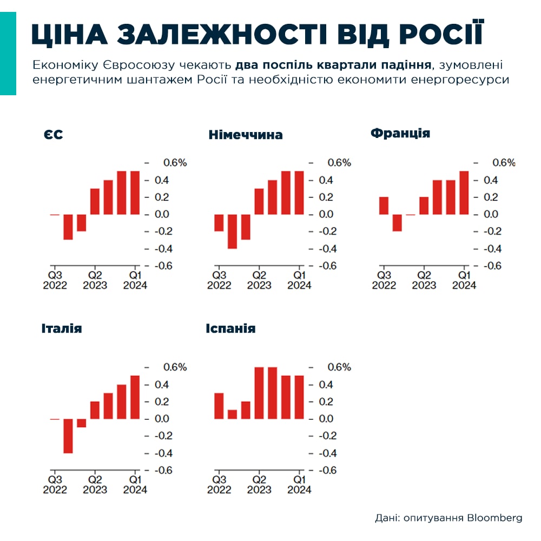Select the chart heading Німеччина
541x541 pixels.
[245, 135]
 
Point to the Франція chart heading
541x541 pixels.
[400, 133]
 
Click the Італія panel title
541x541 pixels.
[62, 328]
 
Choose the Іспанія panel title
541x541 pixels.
[230, 328]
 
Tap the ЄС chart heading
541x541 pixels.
[54, 135]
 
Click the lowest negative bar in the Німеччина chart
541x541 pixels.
[232, 232]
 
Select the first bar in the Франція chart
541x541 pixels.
[384, 206]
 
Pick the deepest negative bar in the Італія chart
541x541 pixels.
[68, 436]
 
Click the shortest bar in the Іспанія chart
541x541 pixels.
[232, 414]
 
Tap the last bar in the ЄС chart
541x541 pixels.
[135, 193]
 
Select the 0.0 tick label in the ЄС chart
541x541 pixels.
[167, 214]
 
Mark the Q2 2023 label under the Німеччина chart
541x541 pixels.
[259, 280]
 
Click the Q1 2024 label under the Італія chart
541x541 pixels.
[135, 484]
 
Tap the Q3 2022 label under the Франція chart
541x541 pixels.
[384, 280]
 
